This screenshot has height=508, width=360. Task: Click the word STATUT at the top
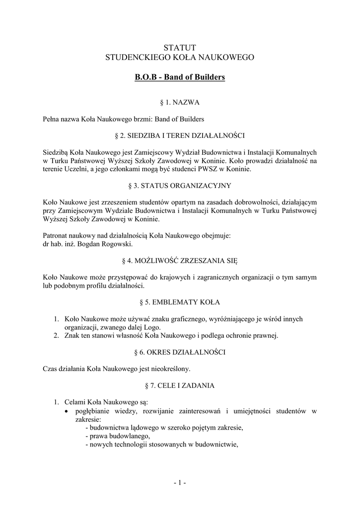tap(180, 47)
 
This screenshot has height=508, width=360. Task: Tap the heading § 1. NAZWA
tap(180, 103)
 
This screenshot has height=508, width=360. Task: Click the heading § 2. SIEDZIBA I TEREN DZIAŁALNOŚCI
tap(180, 135)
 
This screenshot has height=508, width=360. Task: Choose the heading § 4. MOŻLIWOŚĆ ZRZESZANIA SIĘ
tap(180, 260)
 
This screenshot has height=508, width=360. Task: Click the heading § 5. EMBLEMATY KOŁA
tap(180, 302)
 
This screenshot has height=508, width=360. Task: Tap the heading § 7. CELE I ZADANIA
tap(180, 385)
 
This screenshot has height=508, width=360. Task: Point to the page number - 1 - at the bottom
tap(180, 482)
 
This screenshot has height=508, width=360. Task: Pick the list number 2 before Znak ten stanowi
tap(56, 336)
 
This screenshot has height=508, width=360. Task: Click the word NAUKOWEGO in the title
tap(227, 58)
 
